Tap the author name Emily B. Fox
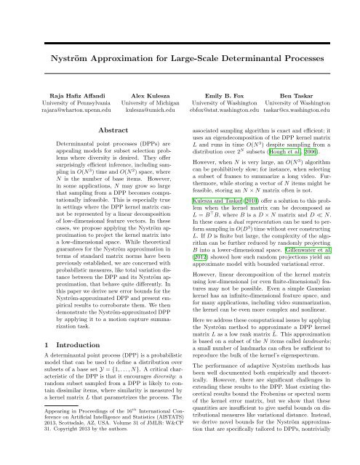coord(223,94)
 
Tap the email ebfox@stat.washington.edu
coord(223,112)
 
